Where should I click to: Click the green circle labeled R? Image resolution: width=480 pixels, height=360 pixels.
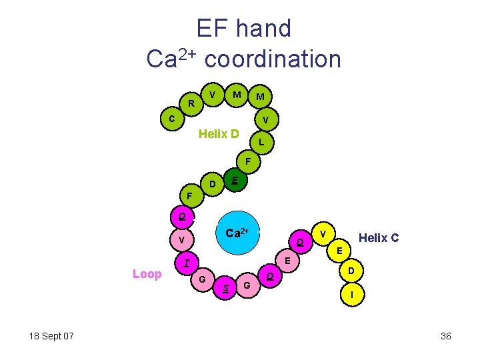[x=191, y=103]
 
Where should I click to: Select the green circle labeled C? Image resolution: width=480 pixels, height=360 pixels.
[x=172, y=119]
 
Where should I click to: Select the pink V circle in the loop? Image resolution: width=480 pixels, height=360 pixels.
[x=181, y=239]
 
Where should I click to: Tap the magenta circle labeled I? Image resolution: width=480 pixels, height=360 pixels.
[x=187, y=263]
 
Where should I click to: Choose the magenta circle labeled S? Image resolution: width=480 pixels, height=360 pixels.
[x=227, y=287]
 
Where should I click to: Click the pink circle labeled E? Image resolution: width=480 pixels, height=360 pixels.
[x=286, y=260]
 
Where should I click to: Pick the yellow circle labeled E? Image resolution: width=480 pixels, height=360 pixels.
[x=339, y=251]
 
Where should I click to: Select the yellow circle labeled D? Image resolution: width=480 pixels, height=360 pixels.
[x=351, y=271]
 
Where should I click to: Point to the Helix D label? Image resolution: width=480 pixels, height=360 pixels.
[x=219, y=134]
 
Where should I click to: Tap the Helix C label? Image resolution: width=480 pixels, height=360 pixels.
[x=379, y=237]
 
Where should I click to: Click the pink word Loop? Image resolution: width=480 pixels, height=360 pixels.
[x=147, y=274]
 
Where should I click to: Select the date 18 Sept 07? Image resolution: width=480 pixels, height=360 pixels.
[x=51, y=335]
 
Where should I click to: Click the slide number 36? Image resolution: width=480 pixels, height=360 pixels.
[x=446, y=336]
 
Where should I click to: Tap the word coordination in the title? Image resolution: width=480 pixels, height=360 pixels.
[x=273, y=59]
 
